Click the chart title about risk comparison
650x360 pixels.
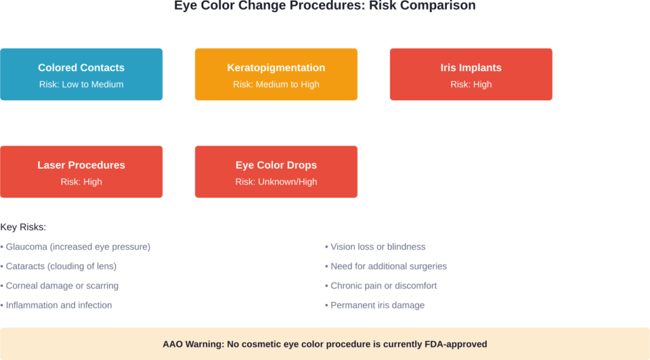pos(325,6)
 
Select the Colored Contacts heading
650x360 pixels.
pos(81,68)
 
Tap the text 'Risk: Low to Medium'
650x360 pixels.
pos(81,84)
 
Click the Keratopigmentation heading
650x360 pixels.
pos(276,68)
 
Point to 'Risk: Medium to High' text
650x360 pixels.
pos(276,84)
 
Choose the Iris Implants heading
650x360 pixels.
pos(471,68)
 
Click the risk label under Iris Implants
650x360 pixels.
pos(471,84)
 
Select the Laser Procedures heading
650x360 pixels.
pos(81,165)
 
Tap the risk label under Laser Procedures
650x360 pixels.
pos(81,182)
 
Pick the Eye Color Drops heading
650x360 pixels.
pos(276,165)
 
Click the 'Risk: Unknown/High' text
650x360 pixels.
pos(276,182)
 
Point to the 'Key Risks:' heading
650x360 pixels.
pos(23,227)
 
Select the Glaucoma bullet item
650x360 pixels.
pos(76,246)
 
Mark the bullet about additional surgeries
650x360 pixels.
pos(387,266)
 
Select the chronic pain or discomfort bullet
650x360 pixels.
pos(382,286)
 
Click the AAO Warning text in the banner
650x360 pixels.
pos(325,344)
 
